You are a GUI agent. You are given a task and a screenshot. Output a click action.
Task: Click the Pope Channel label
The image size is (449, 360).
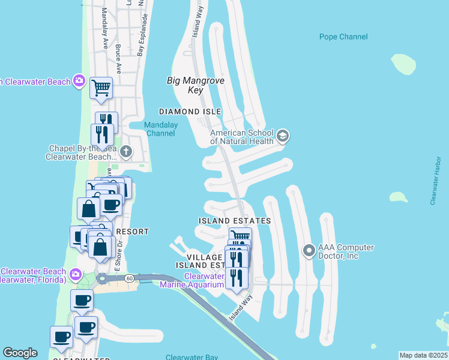pyautogui.click(x=343, y=37)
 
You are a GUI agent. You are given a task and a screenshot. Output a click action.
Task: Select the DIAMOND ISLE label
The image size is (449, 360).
pyautogui.click(x=190, y=112)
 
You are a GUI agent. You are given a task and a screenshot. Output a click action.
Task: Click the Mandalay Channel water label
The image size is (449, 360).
pyautogui.click(x=161, y=129)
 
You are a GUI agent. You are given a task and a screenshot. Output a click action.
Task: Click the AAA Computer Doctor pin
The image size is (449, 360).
pyautogui.click(x=309, y=250)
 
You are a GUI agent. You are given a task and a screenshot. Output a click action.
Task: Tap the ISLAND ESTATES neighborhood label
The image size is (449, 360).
pyautogui.click(x=235, y=221)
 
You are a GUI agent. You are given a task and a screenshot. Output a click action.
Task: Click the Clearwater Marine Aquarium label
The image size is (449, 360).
pyautogui.click(x=194, y=280)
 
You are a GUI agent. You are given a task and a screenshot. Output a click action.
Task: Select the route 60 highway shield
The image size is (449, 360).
pyautogui.click(x=130, y=278)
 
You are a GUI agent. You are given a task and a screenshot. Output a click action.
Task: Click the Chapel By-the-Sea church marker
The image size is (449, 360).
pyautogui.click(x=125, y=151)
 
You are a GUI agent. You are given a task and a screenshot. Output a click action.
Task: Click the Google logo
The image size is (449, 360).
pyautogui.click(x=20, y=353)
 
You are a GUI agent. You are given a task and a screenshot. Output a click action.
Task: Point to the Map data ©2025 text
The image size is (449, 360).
pyautogui.click(x=423, y=355)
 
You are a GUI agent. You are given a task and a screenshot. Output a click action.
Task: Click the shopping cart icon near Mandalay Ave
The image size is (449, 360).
pyautogui.click(x=101, y=88)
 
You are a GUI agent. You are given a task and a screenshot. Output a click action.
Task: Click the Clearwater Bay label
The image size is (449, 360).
pyautogui.click(x=193, y=358)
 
